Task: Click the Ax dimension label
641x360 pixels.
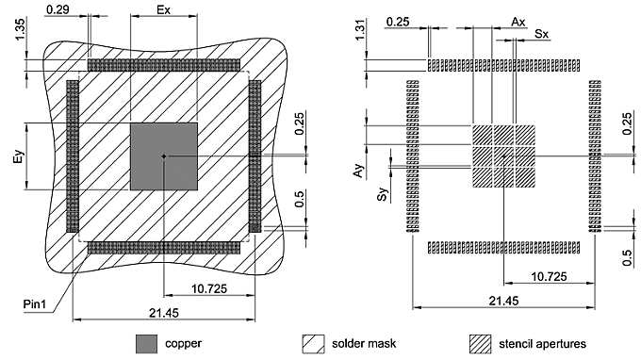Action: (x=517, y=20)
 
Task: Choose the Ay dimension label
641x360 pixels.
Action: (x=358, y=170)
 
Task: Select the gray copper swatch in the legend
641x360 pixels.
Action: (x=146, y=342)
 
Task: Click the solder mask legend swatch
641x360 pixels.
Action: (x=312, y=342)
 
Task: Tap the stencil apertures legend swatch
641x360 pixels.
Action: (x=480, y=342)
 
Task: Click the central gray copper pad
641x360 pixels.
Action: (x=163, y=156)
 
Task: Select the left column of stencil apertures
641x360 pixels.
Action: (x=412, y=155)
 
